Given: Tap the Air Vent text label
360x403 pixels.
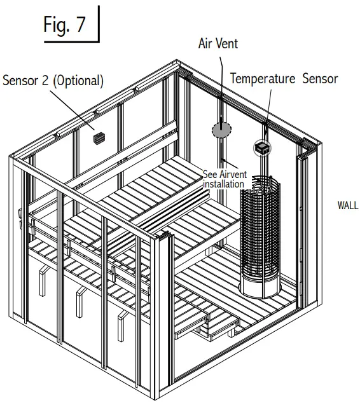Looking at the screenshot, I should (218, 44).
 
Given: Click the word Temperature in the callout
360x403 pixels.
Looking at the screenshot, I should (263, 79).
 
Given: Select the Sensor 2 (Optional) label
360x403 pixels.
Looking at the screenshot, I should (53, 81).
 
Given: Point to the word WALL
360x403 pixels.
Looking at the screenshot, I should (347, 205).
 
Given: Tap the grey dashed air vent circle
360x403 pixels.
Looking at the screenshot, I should (221, 130).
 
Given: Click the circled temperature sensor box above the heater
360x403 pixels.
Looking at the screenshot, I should (261, 148).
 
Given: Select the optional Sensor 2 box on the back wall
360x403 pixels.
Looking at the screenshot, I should (99, 137).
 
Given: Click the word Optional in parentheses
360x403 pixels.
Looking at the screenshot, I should (79, 81).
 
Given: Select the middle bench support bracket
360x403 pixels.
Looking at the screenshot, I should (80, 303).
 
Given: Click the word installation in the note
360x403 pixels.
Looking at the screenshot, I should (223, 184).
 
